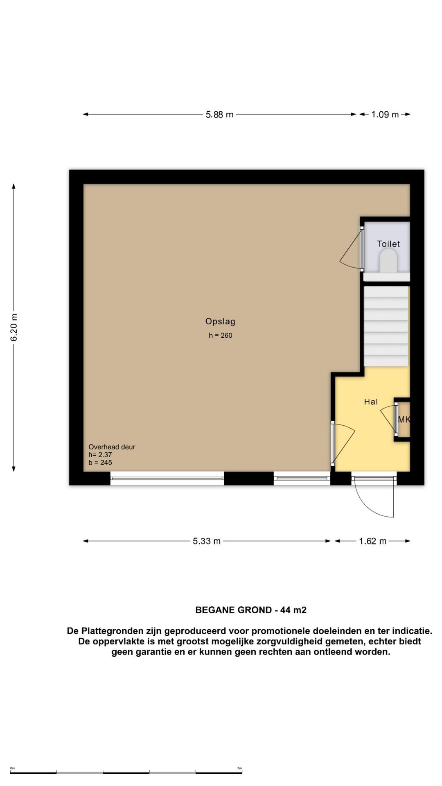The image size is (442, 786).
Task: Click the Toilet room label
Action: pyautogui.click(x=388, y=244)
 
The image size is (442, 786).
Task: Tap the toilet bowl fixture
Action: pyautogui.click(x=388, y=261)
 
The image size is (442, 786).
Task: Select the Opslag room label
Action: pyautogui.click(x=220, y=322)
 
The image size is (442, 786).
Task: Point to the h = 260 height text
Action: pyautogui.click(x=220, y=336)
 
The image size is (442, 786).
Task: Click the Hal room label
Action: pyautogui.click(x=371, y=402)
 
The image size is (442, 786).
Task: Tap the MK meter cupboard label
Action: pyautogui.click(x=404, y=420)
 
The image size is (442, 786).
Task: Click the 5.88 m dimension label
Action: pyautogui.click(x=219, y=115)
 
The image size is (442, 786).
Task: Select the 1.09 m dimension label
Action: pyautogui.click(x=385, y=115)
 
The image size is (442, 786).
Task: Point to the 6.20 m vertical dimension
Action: pyautogui.click(x=14, y=327)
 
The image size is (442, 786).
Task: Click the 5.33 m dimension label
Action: pyautogui.click(x=207, y=541)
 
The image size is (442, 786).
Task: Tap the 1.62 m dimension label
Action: pyautogui.click(x=372, y=541)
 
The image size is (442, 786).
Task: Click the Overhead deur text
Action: pyautogui.click(x=112, y=447)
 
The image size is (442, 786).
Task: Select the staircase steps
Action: pyautogui.click(x=386, y=326)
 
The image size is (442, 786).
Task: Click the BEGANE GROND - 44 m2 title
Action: pyautogui.click(x=251, y=610)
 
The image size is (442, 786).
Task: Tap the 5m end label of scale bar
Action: pyautogui.click(x=239, y=768)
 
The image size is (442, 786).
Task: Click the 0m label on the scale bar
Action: pyautogui.click(x=12, y=768)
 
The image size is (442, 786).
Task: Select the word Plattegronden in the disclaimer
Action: pyautogui.click(x=112, y=631)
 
